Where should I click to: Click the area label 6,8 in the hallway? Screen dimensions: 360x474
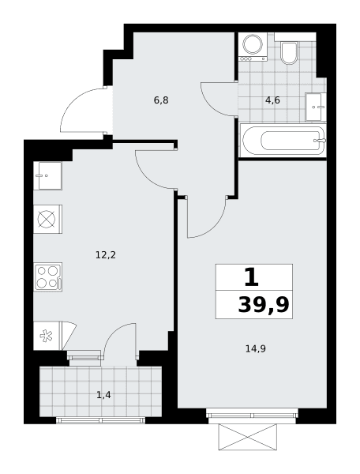point(161,100)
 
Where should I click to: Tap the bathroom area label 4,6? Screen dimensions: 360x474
point(272,100)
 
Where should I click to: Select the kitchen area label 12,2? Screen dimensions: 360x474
point(106,255)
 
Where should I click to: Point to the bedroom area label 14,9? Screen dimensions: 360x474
point(256,349)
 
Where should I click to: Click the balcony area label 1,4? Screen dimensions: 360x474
point(103,395)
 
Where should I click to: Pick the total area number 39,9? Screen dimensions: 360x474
point(264,305)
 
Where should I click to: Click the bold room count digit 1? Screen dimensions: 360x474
point(252,277)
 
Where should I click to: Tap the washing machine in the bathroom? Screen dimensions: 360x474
point(253,47)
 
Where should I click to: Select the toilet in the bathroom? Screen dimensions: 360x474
point(289,53)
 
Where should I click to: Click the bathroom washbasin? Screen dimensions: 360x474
point(316,107)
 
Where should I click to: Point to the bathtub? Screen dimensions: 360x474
point(283,141)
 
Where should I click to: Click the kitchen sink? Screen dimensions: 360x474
point(47,175)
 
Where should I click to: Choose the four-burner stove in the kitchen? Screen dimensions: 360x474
point(47,277)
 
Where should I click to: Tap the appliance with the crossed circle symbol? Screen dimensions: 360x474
point(47,219)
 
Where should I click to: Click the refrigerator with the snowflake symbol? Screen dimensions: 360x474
point(47,336)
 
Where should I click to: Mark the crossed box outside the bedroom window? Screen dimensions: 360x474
point(247,437)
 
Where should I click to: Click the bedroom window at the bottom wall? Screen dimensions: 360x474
point(252,413)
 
